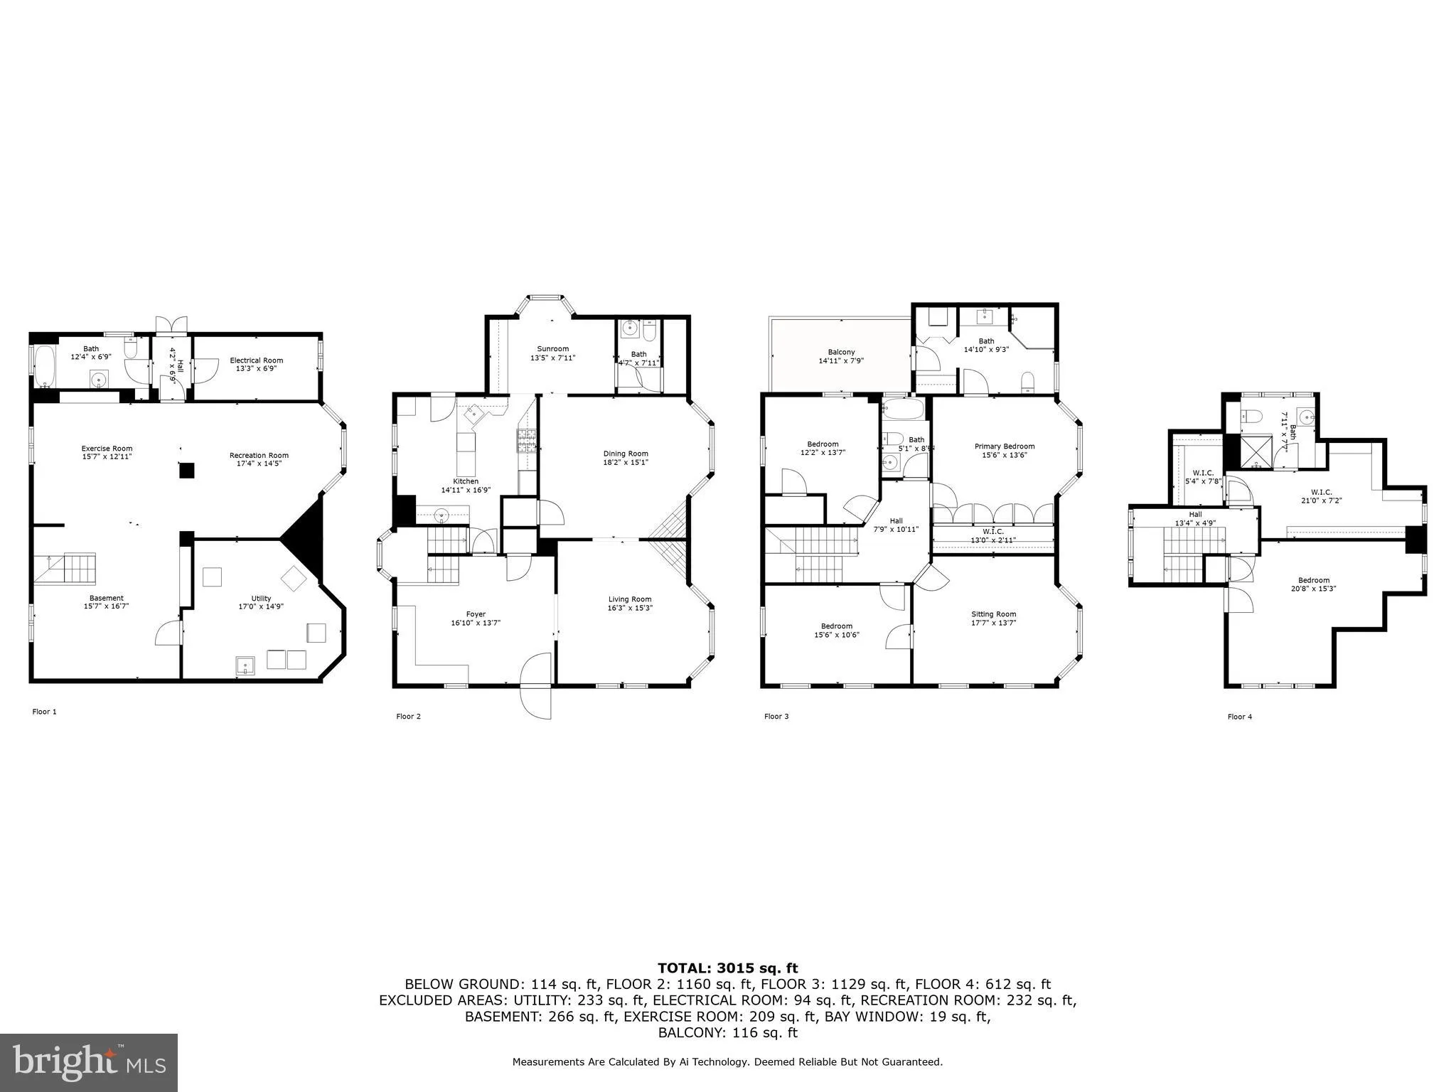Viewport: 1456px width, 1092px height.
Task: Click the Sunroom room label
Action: click(x=552, y=349)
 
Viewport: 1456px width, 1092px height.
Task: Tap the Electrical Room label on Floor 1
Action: click(x=256, y=360)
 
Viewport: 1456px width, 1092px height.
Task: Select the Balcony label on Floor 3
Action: click(x=841, y=353)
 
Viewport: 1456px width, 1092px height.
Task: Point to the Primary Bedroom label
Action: click(x=1004, y=446)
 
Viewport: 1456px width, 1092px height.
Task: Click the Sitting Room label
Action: click(x=993, y=614)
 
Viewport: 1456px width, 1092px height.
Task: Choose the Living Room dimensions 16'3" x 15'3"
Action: click(x=629, y=609)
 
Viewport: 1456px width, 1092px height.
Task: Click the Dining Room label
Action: click(x=626, y=454)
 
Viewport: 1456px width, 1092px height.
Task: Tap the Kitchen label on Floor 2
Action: click(x=466, y=481)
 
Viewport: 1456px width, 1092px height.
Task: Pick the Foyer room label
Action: click(x=476, y=614)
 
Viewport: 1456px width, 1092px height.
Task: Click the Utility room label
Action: click(x=261, y=599)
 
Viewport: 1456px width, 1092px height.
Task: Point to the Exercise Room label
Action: click(x=107, y=449)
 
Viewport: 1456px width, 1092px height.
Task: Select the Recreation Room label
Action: click(x=259, y=456)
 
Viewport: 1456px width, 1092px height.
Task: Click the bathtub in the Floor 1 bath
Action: click(x=44, y=365)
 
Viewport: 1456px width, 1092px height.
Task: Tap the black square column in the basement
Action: click(x=186, y=470)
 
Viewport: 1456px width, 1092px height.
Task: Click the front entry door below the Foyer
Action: click(x=537, y=686)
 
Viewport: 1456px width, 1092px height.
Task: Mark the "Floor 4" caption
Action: click(x=1239, y=717)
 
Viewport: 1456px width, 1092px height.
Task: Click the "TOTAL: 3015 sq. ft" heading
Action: click(x=727, y=968)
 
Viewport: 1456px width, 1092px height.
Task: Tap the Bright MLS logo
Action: click(x=89, y=1062)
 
